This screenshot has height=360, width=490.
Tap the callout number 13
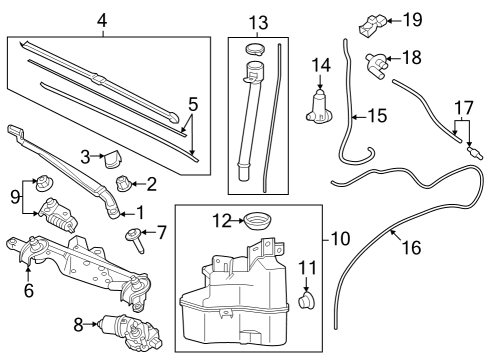click(259, 22)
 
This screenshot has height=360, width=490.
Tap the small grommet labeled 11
click(308, 298)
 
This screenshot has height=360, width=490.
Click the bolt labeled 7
click(132, 236)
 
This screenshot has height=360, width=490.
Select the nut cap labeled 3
click(113, 158)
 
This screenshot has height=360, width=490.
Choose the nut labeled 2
click(125, 181)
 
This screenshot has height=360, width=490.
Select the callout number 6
click(29, 291)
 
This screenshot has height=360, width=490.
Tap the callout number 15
click(376, 116)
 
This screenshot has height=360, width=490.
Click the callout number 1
click(139, 212)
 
